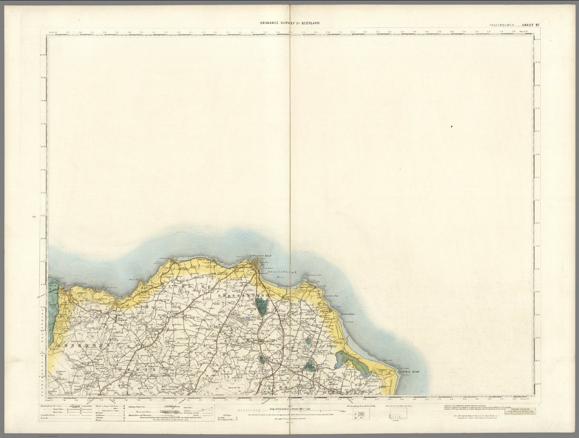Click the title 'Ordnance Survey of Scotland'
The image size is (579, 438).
(x=289, y=23)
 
